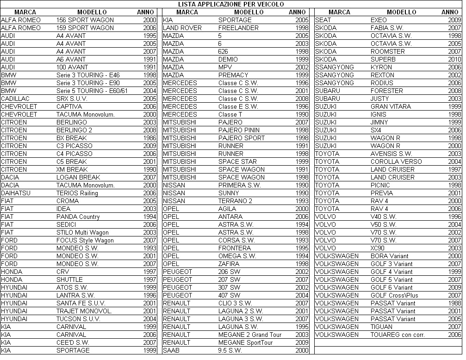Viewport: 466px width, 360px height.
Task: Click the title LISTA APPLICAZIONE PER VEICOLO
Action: coord(231,4)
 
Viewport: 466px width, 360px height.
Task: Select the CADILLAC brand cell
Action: coord(15,99)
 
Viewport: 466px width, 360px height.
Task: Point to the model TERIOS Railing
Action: coord(77,193)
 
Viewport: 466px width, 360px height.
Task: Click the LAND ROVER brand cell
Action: coord(182,28)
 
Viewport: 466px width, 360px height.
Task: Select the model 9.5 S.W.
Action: coord(230,350)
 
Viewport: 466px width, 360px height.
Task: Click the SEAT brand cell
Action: coord(323,20)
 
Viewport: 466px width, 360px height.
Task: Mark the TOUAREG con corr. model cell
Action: coord(398,335)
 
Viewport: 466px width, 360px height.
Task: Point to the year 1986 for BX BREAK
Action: coord(149,138)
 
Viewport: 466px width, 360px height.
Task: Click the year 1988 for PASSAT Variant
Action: coord(454,303)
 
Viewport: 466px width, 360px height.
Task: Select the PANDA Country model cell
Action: coord(78,217)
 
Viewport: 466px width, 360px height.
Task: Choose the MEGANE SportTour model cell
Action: coord(245,342)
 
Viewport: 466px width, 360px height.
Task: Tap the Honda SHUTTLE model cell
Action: coord(69,279)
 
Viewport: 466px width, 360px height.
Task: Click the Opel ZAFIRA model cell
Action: coord(229,264)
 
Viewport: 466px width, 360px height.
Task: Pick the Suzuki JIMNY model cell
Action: coord(379,122)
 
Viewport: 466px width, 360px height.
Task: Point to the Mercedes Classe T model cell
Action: coord(230,114)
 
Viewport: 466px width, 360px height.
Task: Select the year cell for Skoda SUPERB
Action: coord(454,59)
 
